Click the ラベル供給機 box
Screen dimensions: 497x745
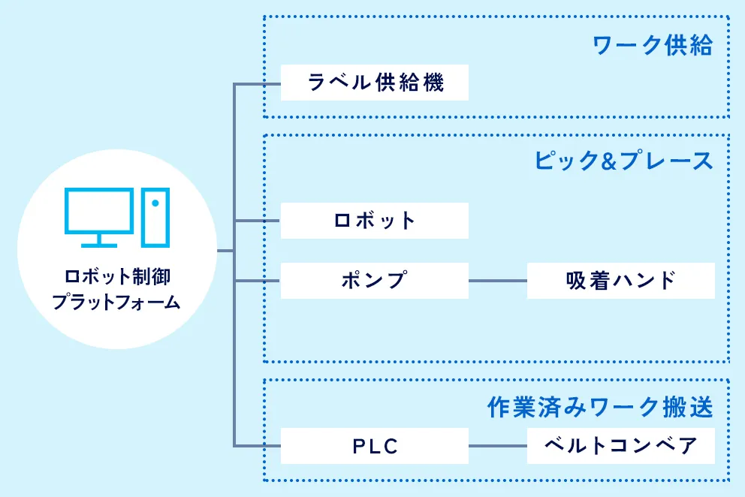point(374,83)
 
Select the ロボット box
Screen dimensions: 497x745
point(374,221)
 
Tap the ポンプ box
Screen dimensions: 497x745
point(374,281)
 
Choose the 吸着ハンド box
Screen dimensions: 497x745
point(620,281)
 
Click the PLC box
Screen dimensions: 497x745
point(374,447)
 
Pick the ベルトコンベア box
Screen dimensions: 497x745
point(620,447)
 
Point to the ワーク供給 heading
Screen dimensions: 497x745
point(652,46)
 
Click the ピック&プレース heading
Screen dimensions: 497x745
point(623,161)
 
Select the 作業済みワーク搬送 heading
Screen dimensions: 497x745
point(599,408)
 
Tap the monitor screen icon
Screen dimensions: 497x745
point(99,210)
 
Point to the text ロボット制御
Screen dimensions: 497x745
point(117,277)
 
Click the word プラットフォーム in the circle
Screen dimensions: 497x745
point(116,302)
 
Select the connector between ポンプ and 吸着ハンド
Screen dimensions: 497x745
point(497,281)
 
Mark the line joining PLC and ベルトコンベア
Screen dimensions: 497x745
point(497,447)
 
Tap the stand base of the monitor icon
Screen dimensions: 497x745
point(99,245)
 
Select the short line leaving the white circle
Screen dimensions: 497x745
point(225,251)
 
